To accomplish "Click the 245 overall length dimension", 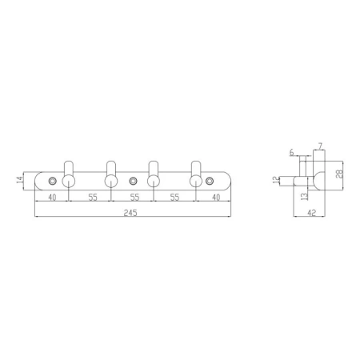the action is (x=130, y=213).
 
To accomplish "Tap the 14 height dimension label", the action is (x=20, y=179).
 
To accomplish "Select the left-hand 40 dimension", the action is (x=52, y=198).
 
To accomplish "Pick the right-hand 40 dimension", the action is (x=216, y=198).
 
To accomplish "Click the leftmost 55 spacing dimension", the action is (x=93, y=198).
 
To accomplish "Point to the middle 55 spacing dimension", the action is (x=134, y=198).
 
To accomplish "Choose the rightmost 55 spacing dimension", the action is (x=174, y=198).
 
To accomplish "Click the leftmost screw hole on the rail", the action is (x=53, y=181).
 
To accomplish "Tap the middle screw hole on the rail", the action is (x=133, y=182).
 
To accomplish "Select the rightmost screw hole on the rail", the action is (x=210, y=182).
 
